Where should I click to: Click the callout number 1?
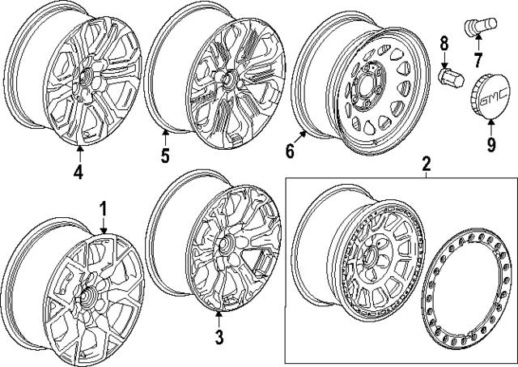tap(104, 209)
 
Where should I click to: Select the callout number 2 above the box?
tap(427, 165)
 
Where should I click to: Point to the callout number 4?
tap(79, 171)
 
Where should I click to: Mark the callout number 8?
tap(444, 44)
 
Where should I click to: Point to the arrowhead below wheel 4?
tap(79, 148)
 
